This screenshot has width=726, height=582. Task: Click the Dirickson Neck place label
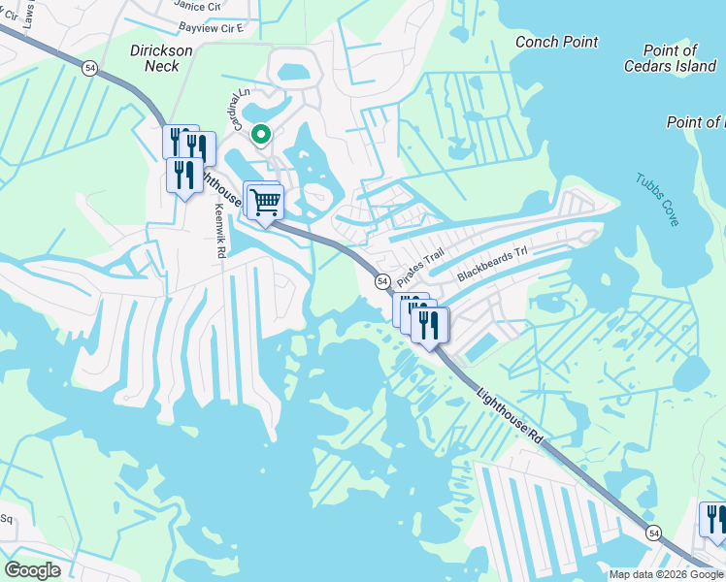click(x=155, y=57)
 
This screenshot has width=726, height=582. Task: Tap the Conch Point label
click(x=556, y=42)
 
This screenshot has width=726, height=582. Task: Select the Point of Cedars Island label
click(x=670, y=58)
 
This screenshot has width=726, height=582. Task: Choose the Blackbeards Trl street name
click(x=491, y=264)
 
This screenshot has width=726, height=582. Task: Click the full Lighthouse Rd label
click(x=509, y=418)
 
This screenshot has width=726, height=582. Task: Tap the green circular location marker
click(x=260, y=135)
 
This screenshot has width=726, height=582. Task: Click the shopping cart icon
click(x=265, y=203)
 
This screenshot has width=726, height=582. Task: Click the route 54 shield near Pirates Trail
click(x=382, y=281)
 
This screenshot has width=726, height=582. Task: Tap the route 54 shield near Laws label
click(x=90, y=67)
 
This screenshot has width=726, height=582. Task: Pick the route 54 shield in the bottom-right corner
click(x=653, y=533)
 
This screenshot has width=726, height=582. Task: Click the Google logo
click(x=32, y=570)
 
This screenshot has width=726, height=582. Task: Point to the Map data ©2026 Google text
click(x=666, y=574)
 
